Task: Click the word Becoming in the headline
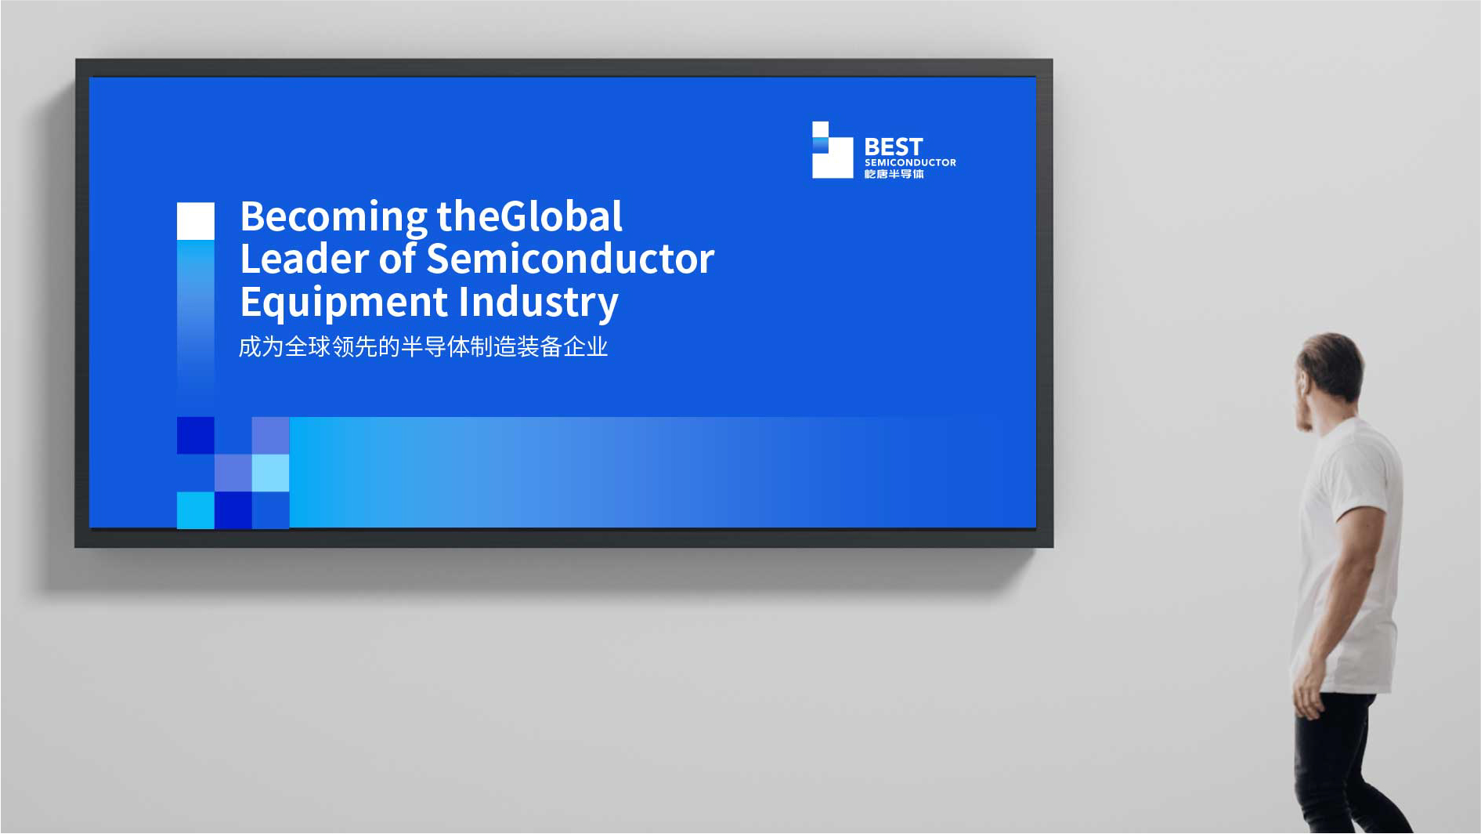pos(334,218)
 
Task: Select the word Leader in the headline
pos(304,259)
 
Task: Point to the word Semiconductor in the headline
pos(570,259)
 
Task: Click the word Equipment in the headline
pos(344,303)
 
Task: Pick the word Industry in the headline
pos(539,303)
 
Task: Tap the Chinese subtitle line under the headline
pos(423,346)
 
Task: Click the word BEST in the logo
pos(894,147)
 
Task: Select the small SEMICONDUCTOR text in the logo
pos(910,163)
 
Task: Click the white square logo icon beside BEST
pos(833,150)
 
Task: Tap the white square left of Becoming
pos(196,221)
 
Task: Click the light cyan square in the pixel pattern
pos(271,473)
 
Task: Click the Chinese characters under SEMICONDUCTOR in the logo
pos(894,174)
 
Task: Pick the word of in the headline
pos(397,259)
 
